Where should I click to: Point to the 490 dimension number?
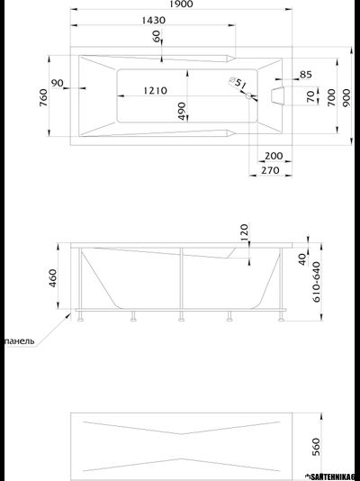click(x=181, y=111)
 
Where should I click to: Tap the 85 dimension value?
click(x=305, y=74)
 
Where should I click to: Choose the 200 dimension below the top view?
click(x=274, y=155)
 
